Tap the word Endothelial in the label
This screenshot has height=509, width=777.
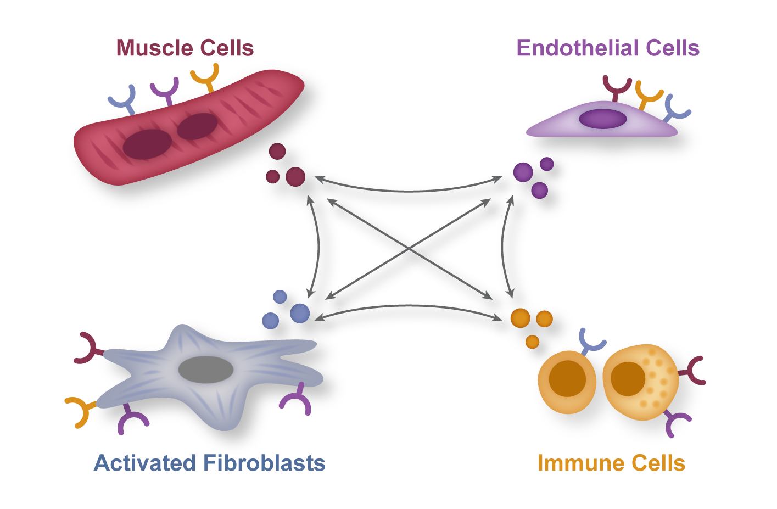click(x=577, y=48)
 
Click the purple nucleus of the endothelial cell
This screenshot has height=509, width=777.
click(x=602, y=119)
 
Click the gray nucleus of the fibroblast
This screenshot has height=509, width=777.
click(x=206, y=370)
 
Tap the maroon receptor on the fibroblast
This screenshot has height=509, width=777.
click(x=88, y=348)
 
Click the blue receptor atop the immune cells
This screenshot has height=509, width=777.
click(x=591, y=341)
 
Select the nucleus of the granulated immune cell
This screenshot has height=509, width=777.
click(x=628, y=379)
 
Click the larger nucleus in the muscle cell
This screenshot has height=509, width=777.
click(x=147, y=144)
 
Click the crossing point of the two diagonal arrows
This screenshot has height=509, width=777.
click(x=409, y=250)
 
